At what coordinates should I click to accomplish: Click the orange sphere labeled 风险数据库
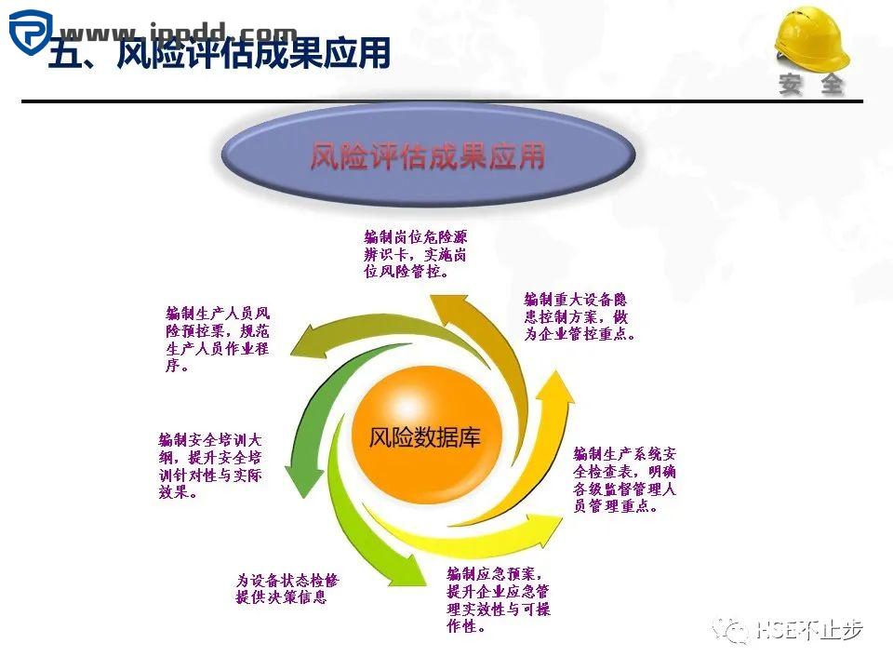[424, 437]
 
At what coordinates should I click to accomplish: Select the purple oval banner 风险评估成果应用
[427, 155]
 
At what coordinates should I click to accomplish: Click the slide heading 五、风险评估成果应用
[219, 56]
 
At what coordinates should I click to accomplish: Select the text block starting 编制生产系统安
[623, 480]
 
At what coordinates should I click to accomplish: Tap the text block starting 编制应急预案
[499, 599]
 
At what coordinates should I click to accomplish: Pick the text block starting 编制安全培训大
[210, 465]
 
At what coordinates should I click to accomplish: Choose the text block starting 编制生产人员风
[218, 339]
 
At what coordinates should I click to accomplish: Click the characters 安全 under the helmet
[812, 84]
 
